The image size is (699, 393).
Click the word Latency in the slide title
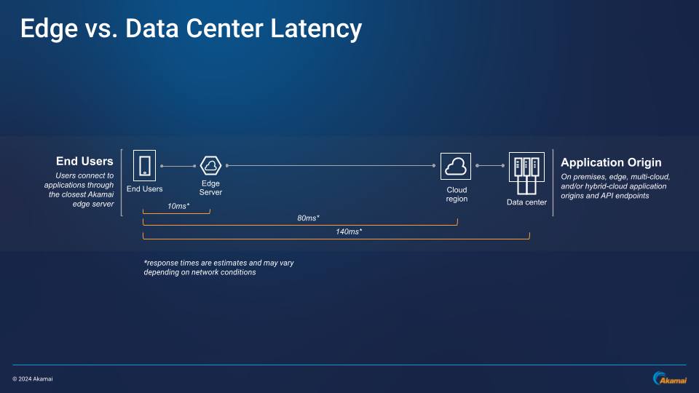316,28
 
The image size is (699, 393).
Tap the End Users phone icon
144,165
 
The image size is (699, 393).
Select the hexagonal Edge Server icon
210,166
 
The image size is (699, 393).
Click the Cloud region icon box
456,167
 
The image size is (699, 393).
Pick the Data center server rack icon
526,171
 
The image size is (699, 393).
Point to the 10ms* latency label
178,206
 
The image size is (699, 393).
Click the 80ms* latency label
309,218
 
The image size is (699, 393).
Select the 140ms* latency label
349,231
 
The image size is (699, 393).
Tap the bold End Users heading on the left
84,161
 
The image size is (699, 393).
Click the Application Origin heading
611,162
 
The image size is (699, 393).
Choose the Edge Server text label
210,188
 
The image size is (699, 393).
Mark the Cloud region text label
457,194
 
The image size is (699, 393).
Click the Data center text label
526,202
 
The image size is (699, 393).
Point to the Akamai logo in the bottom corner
668,378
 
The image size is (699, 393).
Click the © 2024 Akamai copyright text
33,378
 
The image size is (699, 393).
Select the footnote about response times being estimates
218,267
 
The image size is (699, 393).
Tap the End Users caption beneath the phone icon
144,189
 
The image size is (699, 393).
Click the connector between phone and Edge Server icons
177,167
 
